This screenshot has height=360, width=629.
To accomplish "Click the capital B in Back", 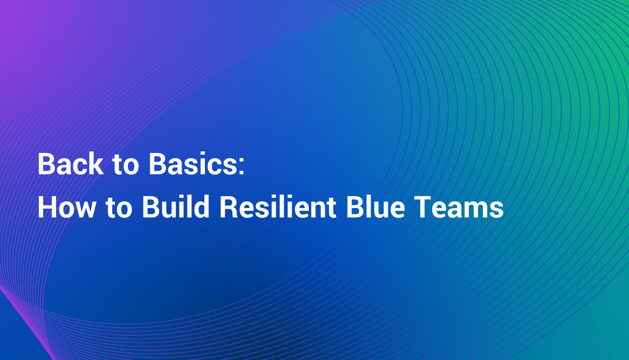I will pos(45,165).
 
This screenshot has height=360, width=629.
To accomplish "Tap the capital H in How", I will pos(46,208).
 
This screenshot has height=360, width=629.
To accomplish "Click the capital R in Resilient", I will pos(227,208).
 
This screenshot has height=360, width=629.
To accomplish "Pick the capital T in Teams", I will pos(418,208).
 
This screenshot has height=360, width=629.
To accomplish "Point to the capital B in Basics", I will pos(157,165).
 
